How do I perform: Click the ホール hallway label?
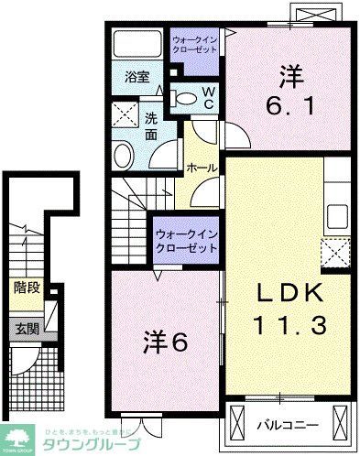coord(202,168)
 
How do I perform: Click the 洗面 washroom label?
coord(152,125)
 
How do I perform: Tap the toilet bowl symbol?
coord(184,99)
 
